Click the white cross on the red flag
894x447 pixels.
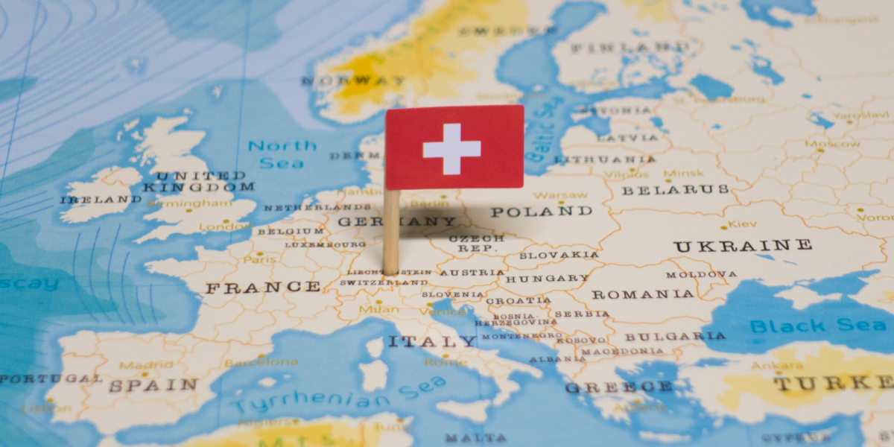[x=451, y=149]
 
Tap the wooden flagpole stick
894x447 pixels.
[x=391, y=231]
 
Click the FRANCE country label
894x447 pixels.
[x=263, y=287]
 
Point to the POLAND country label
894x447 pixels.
[x=542, y=212]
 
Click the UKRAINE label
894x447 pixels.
[x=743, y=246]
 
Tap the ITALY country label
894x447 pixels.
[x=431, y=341]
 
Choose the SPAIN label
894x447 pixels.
[x=153, y=385]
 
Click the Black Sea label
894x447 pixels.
[x=817, y=326]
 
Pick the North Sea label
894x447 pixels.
[x=282, y=153]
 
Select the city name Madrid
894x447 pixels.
[x=136, y=365]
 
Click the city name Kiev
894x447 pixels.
[x=743, y=223]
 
